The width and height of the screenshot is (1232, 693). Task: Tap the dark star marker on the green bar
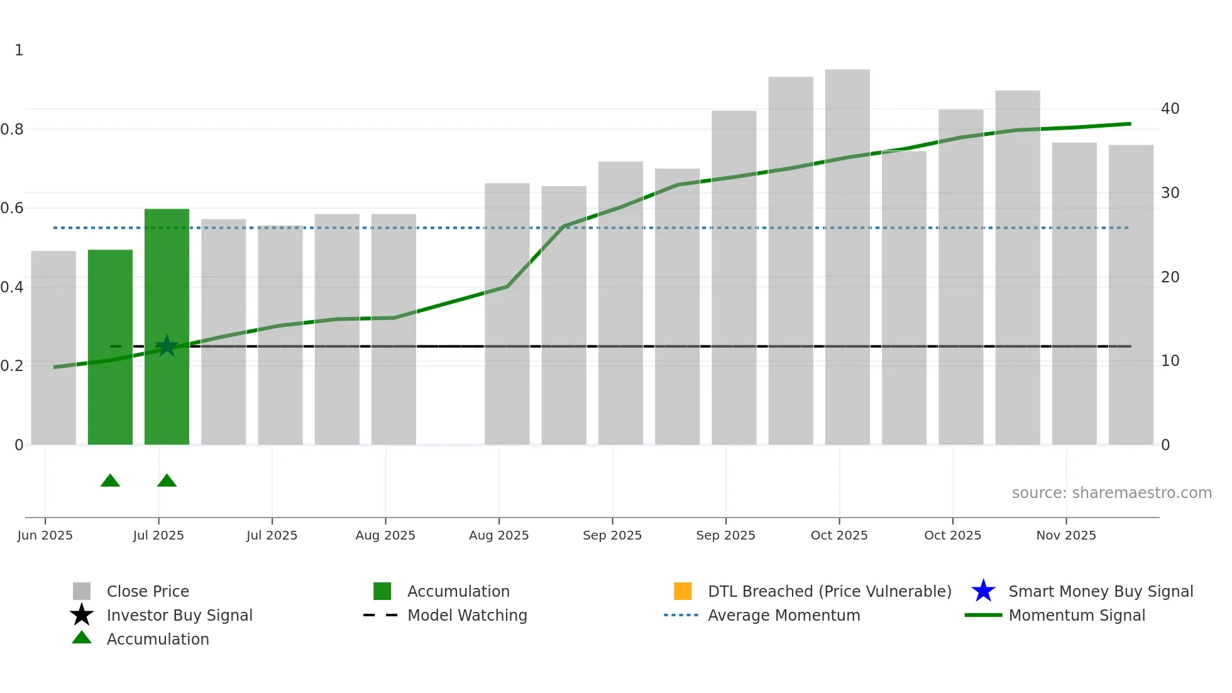167,346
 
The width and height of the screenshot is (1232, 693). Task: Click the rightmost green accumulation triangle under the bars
167,481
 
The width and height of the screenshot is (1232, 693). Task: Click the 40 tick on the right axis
1170,109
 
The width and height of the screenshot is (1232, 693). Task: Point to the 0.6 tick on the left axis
12,208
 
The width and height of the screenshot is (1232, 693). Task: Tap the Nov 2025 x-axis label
1066,535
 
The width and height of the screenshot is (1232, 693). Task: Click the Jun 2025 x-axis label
45,535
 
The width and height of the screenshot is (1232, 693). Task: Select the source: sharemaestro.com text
1111,493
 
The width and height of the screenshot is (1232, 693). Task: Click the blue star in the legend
983,591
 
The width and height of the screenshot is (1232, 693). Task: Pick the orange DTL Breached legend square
683,591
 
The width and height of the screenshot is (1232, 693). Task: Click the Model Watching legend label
467,615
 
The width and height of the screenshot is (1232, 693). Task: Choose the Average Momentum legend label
784,615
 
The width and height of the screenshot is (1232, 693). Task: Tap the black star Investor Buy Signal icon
82,615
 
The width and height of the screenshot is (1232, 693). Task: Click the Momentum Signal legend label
1077,615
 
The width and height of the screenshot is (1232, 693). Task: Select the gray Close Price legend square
82,591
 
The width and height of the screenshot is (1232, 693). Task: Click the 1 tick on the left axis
19,50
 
